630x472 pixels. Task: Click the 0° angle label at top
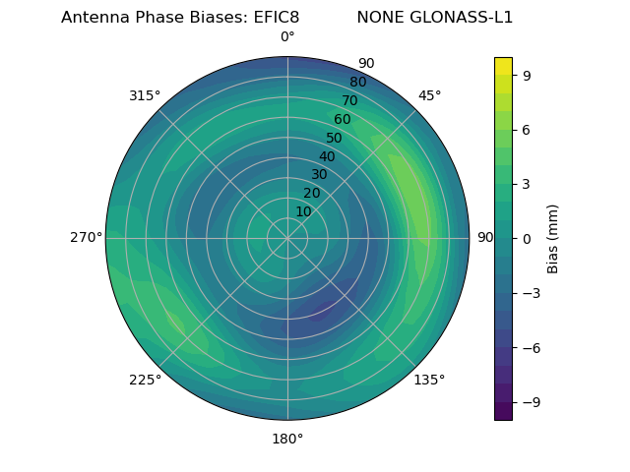tap(287, 37)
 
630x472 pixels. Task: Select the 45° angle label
tap(429, 95)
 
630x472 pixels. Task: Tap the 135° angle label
tap(429, 380)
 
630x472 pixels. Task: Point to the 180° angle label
tap(287, 439)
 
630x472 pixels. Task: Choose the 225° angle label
tap(145, 380)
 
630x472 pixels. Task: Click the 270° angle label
tap(86, 238)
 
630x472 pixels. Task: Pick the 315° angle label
tap(145, 95)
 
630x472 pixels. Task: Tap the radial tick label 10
tap(303, 211)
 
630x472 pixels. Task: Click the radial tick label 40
tap(327, 156)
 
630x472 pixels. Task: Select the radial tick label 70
tap(349, 100)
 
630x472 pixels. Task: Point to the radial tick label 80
tap(357, 82)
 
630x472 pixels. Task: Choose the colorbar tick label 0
tap(527, 238)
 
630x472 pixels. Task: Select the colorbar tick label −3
tap(531, 293)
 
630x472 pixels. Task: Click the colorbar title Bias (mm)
tap(553, 238)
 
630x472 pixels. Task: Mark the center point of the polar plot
tap(287, 238)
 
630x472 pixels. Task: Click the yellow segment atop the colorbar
tap(503, 66)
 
